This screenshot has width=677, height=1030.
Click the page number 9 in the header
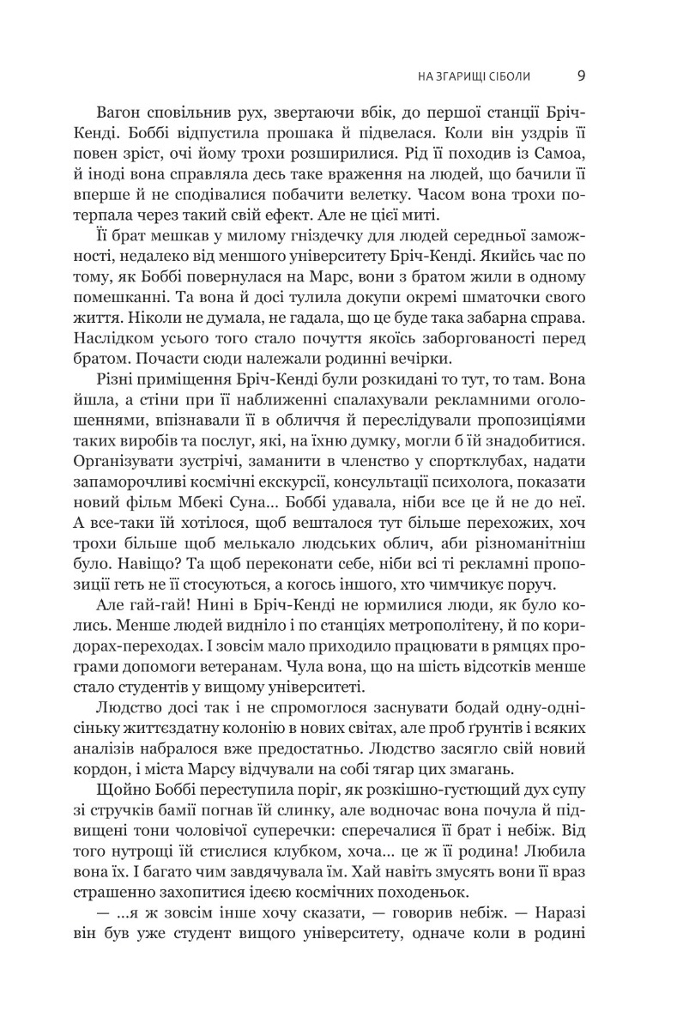tap(581, 76)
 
